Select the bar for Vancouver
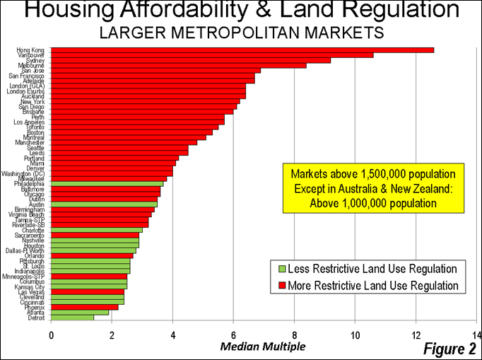212,54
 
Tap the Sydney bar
191,60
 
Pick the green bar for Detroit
72,318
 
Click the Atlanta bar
80,312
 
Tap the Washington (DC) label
26,173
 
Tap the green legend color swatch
278,269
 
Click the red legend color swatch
278,286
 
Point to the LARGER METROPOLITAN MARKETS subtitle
241,33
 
